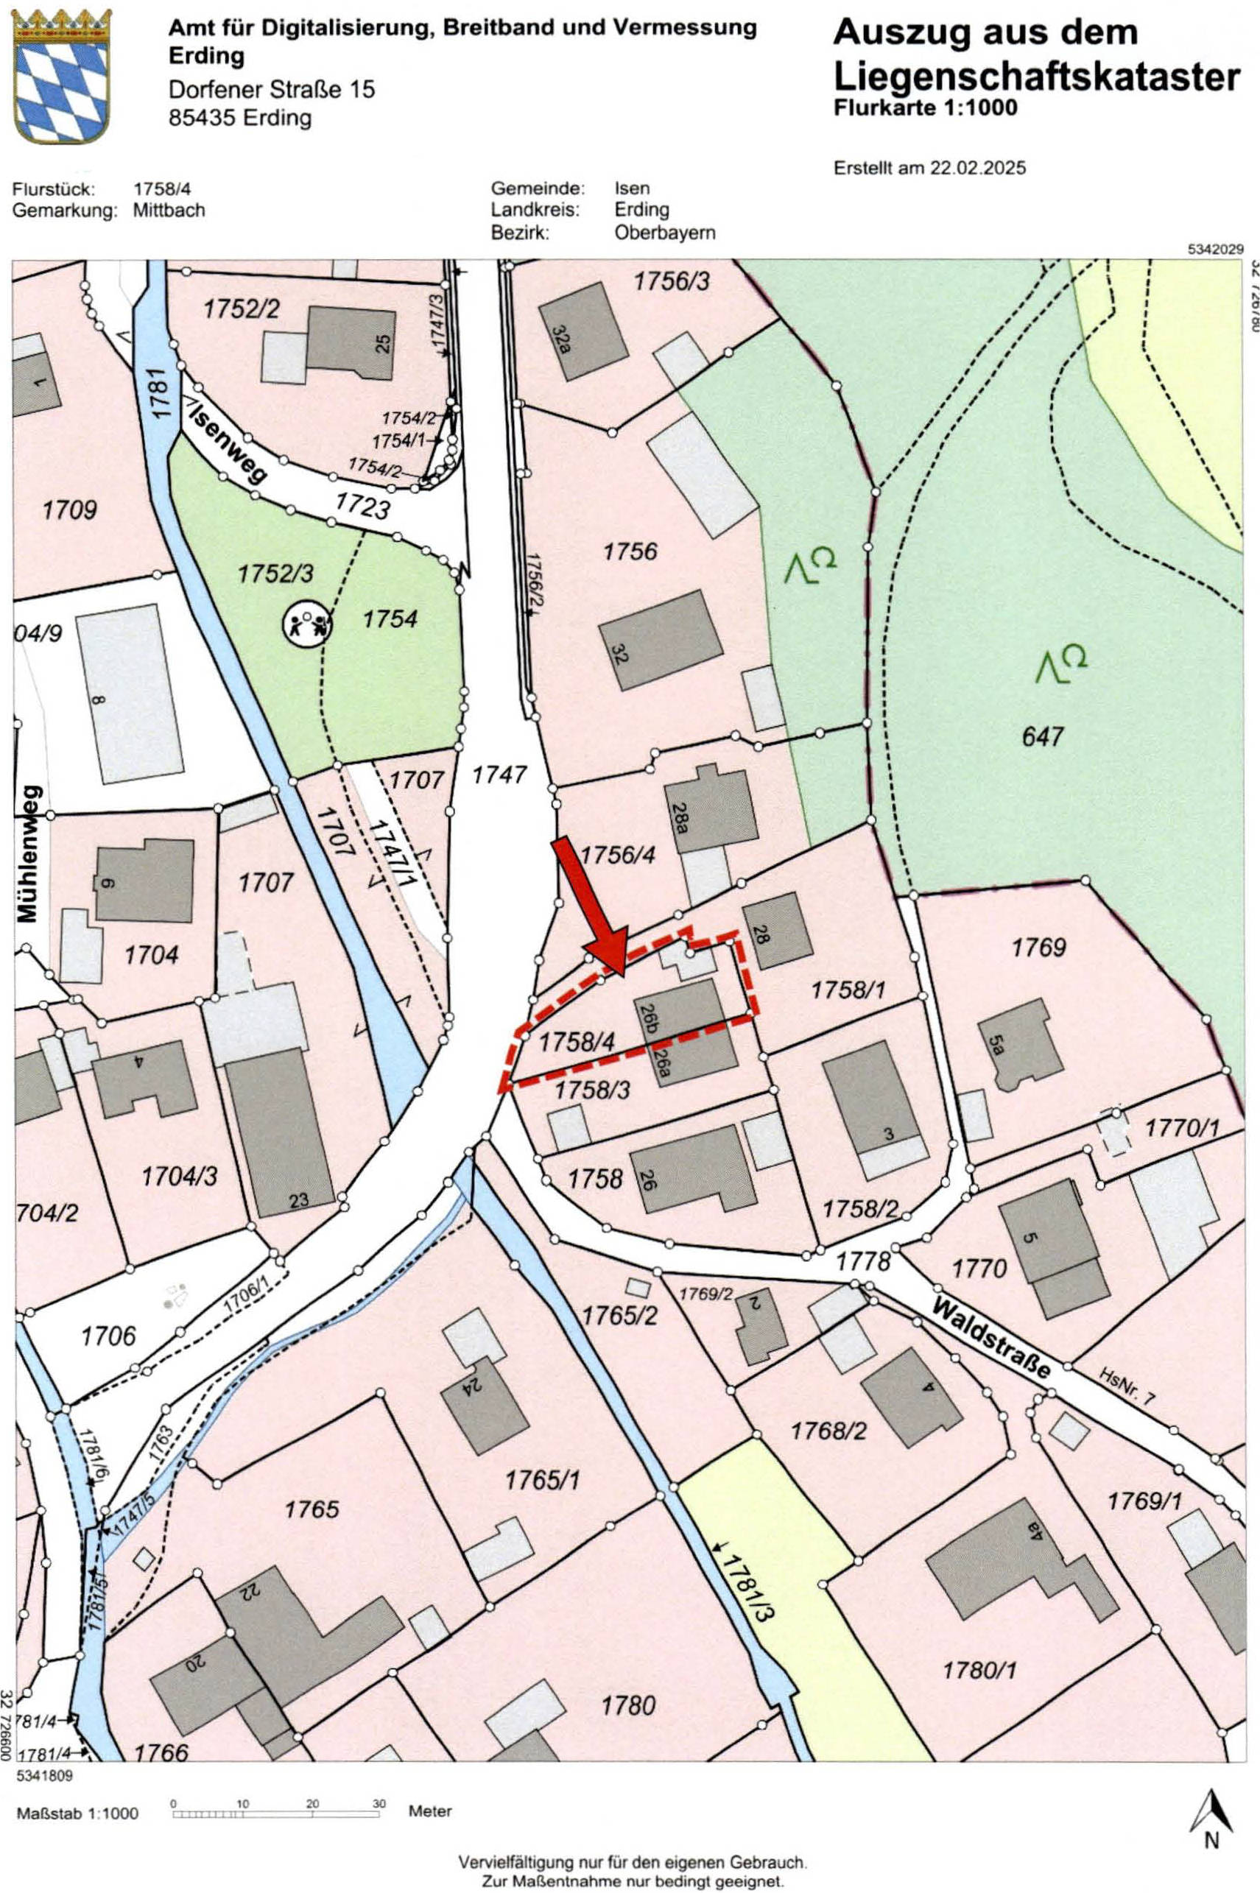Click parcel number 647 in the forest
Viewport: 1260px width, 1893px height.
pos(1042,736)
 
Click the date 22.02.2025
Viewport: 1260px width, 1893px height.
pos(978,169)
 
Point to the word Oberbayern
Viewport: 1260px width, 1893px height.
pos(664,233)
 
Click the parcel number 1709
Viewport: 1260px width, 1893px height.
pos(70,510)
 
